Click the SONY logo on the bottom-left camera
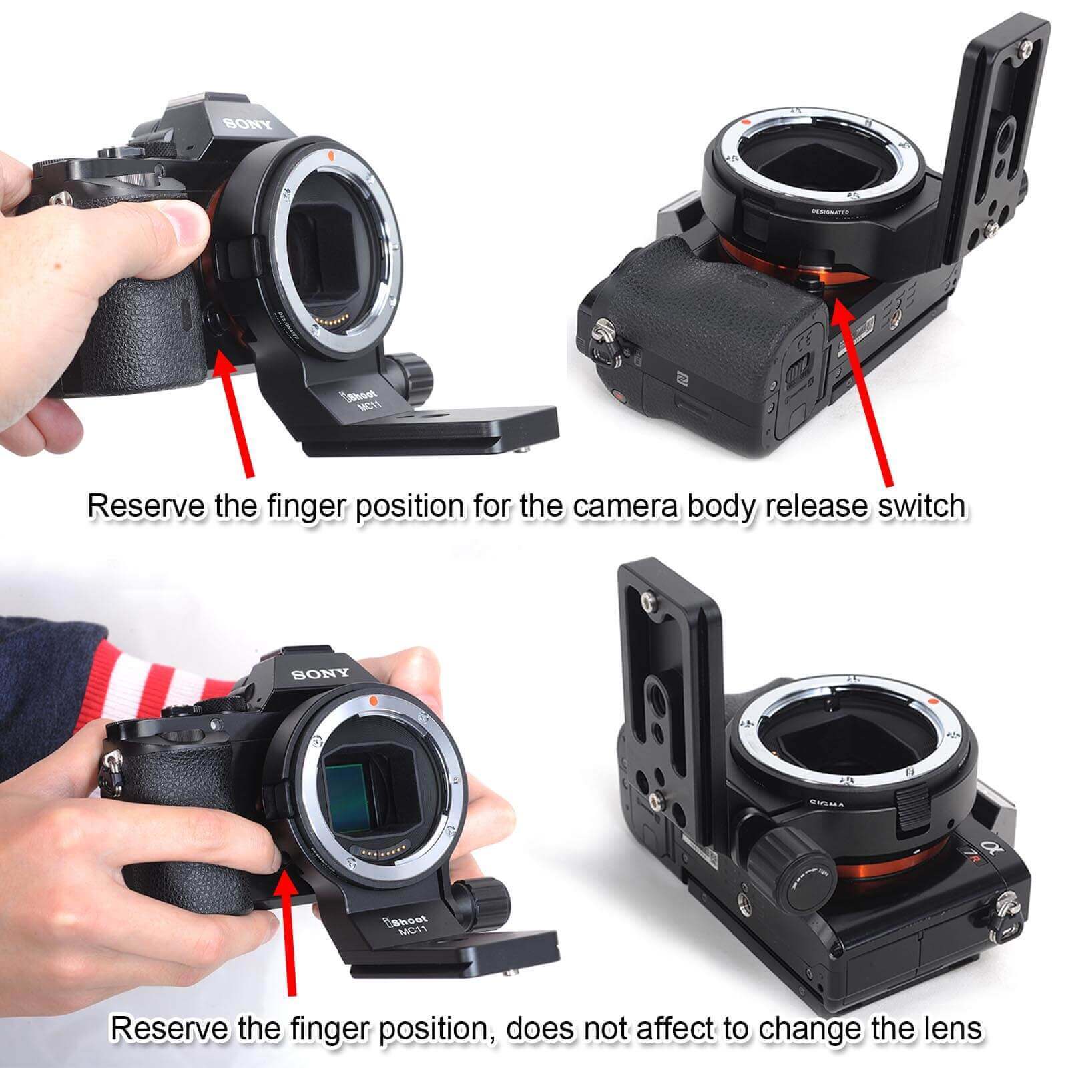click(x=320, y=674)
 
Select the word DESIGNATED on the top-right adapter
click(x=830, y=212)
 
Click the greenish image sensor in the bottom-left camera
click(x=350, y=798)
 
